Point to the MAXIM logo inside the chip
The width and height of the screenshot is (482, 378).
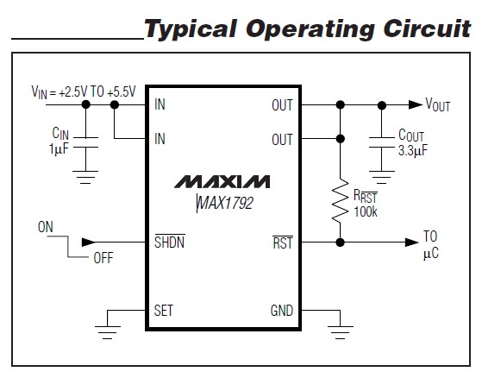click(x=222, y=182)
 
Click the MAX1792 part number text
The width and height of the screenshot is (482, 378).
click(x=222, y=202)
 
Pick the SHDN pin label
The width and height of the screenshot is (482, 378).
click(x=169, y=243)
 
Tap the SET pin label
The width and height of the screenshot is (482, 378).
click(x=164, y=310)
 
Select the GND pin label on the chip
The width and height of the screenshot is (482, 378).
click(x=281, y=310)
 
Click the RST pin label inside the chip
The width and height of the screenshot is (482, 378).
click(x=283, y=243)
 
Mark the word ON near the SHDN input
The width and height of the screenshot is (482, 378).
click(x=47, y=228)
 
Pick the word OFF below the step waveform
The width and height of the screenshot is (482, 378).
click(x=103, y=258)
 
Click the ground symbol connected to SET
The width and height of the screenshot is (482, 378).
click(x=107, y=325)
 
